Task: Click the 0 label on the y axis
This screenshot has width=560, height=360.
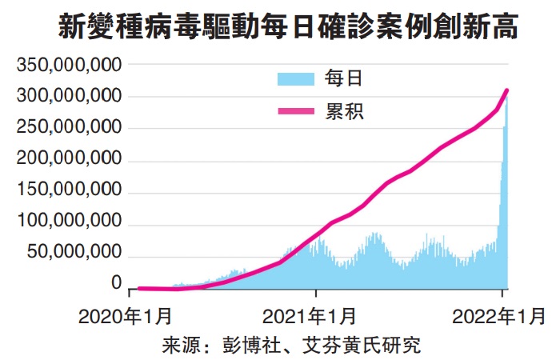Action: click(116, 282)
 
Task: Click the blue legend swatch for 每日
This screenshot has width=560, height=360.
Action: click(298, 78)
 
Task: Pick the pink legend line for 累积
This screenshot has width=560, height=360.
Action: click(298, 111)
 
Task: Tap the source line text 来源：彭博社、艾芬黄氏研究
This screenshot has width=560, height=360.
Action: click(291, 346)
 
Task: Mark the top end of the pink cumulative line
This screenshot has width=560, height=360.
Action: click(507, 90)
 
